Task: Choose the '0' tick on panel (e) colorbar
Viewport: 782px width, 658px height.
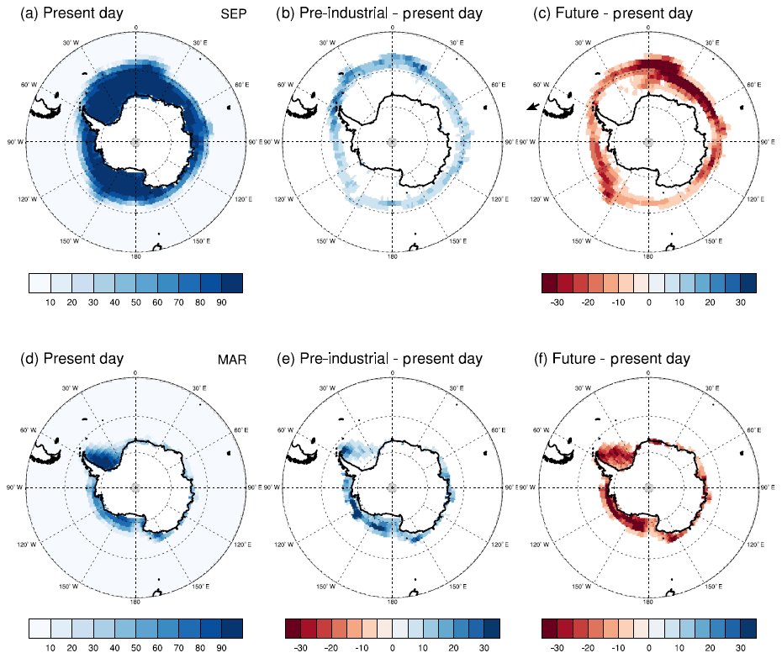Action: (x=392, y=648)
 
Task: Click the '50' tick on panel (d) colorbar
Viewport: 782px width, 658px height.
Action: (x=135, y=648)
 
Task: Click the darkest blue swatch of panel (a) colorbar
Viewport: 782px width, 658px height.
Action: (x=232, y=282)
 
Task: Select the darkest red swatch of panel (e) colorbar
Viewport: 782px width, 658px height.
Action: (x=293, y=628)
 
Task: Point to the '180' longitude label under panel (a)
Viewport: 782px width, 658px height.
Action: (x=136, y=255)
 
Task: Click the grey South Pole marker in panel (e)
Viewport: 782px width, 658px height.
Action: (x=392, y=487)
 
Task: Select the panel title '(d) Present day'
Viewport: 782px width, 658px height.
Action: (x=71, y=360)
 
